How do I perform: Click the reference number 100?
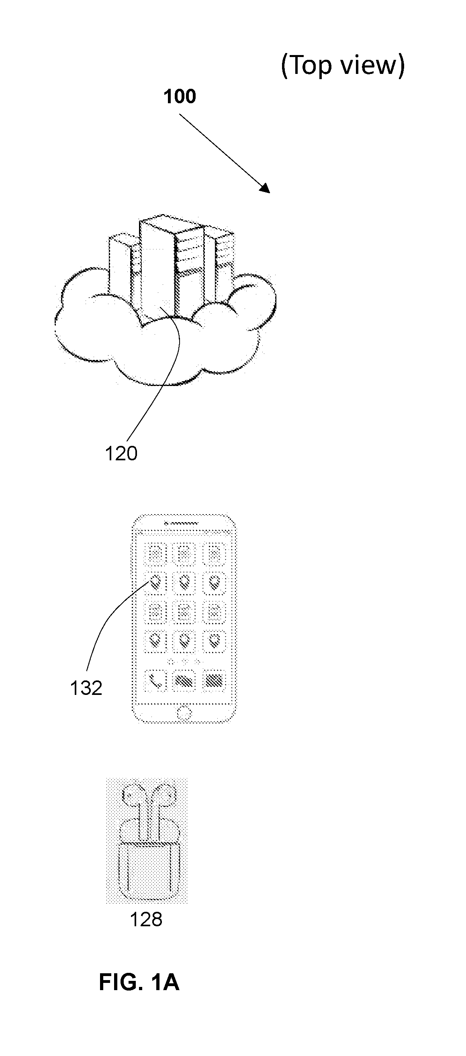(180, 96)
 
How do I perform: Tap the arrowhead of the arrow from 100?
(264, 188)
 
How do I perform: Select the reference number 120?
(121, 453)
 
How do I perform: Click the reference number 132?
(86, 688)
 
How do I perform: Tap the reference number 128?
(146, 919)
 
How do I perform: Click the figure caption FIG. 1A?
(139, 982)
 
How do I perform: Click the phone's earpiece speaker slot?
(181, 523)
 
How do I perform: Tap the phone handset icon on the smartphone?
(155, 681)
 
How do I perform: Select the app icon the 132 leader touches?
(155, 582)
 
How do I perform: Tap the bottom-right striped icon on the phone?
(215, 681)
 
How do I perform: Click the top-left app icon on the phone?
(155, 553)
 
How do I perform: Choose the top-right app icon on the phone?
(215, 553)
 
